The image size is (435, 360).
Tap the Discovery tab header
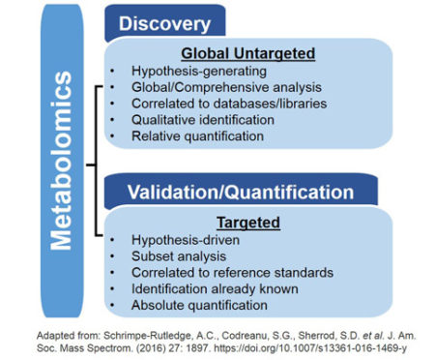(164, 22)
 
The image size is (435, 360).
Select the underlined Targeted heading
(248, 223)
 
